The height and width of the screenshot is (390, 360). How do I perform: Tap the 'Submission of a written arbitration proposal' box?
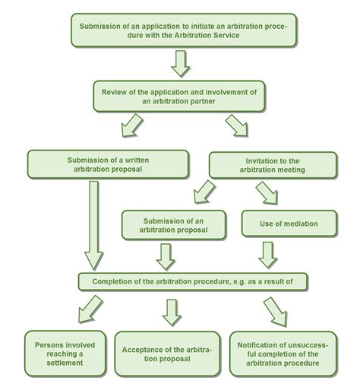(107, 163)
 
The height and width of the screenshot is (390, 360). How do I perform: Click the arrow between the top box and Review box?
(180, 64)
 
